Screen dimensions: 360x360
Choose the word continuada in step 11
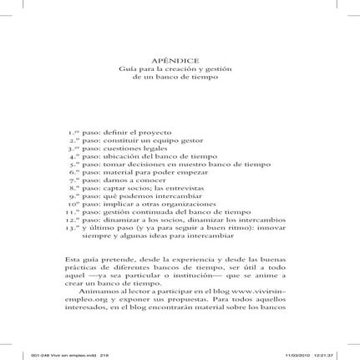[154, 212]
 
